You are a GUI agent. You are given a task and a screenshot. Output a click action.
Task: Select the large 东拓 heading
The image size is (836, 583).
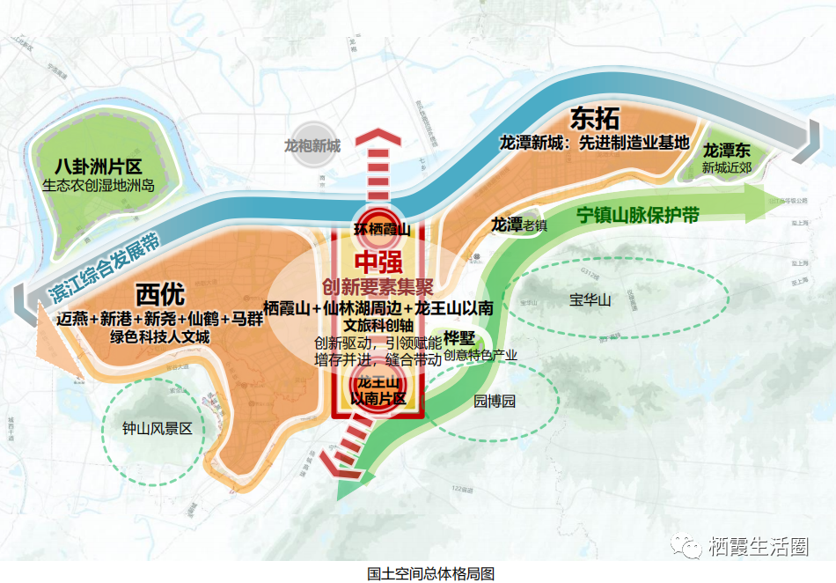595,119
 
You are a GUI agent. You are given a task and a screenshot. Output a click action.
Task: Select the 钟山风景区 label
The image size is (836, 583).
158,429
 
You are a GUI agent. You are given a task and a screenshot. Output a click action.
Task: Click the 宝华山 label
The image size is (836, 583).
590,300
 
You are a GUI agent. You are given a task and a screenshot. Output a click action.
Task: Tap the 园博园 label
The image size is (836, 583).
495,402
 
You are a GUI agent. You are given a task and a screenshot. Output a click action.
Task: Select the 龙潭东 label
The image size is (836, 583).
726,151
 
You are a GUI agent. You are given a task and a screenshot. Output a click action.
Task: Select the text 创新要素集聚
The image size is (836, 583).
378,286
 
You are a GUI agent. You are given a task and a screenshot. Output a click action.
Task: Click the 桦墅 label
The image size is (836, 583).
458,338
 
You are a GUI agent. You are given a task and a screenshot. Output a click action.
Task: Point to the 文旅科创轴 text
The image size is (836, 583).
378,325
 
